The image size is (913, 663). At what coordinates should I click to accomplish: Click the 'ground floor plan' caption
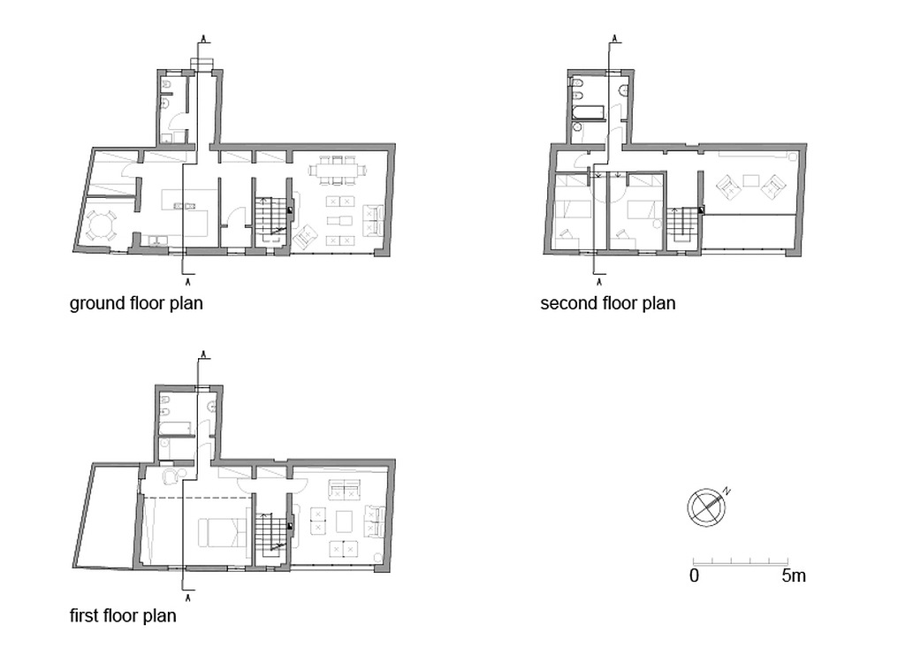click(136, 303)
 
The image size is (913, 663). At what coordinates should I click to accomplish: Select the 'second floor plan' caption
click(608, 303)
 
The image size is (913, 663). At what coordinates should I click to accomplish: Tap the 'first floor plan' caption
click(123, 616)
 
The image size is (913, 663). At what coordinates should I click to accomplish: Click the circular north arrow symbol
click(706, 507)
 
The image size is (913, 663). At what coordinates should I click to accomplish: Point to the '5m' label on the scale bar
click(794, 575)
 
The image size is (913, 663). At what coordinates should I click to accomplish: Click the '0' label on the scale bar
click(694, 575)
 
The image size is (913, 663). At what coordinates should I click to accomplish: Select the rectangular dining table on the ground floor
click(339, 171)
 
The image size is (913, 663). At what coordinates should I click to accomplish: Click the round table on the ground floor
click(101, 226)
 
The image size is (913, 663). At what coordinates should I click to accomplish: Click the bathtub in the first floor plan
click(175, 428)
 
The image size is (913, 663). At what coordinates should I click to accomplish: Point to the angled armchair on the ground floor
click(306, 237)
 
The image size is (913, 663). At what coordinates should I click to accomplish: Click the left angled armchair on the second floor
click(727, 187)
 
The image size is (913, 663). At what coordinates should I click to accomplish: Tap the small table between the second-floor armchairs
click(751, 180)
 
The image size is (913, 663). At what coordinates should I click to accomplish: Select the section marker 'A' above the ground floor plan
click(203, 38)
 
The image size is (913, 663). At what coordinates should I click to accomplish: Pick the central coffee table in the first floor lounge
click(344, 521)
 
